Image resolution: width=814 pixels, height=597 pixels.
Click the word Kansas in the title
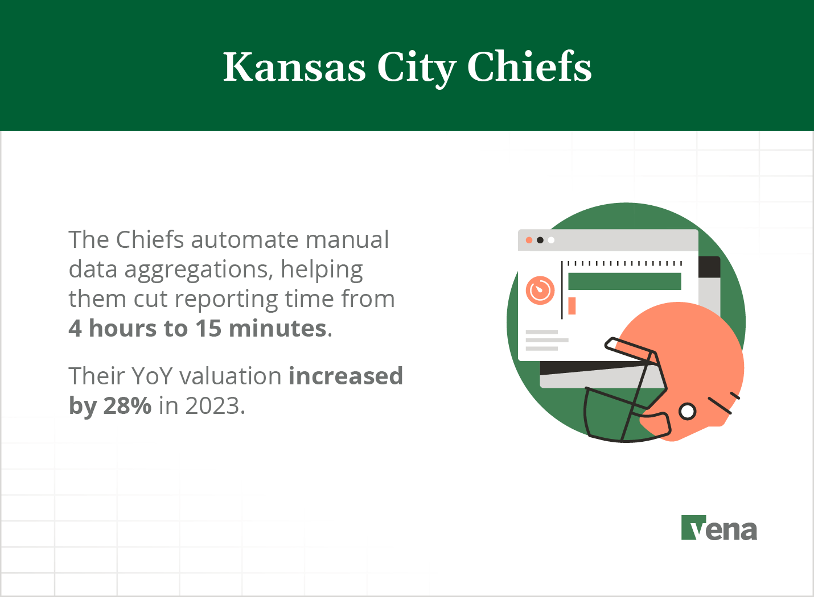[x=294, y=68]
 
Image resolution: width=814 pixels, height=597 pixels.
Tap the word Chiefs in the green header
[x=529, y=68]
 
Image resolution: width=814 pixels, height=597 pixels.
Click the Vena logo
[x=719, y=528]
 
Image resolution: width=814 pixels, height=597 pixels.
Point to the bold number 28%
[x=127, y=406]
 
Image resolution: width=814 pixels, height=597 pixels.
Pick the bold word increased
[x=346, y=376]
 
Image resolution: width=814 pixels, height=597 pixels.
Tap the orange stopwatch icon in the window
[x=540, y=290]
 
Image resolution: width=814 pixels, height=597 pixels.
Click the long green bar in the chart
[x=624, y=281]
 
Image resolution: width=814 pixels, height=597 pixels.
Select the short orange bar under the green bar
[x=572, y=306]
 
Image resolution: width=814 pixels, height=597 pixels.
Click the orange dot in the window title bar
[x=529, y=240]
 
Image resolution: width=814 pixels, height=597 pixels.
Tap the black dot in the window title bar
[x=540, y=240]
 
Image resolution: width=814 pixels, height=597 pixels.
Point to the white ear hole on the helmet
[x=688, y=411]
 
